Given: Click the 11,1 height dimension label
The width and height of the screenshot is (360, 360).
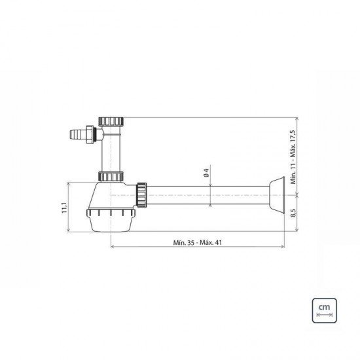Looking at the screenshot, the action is pyautogui.click(x=65, y=207).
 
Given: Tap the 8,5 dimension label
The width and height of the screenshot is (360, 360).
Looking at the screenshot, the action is pyautogui.click(x=293, y=213).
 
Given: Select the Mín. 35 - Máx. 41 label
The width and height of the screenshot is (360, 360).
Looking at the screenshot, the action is pyautogui.click(x=198, y=242).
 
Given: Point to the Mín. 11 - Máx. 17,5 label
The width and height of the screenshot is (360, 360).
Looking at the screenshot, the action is pyautogui.click(x=293, y=157).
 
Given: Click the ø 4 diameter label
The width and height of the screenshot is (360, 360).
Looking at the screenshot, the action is pyautogui.click(x=206, y=173).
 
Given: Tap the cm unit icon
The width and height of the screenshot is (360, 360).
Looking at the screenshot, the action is pyautogui.click(x=324, y=310).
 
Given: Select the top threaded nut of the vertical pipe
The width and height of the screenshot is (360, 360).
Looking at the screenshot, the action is pyautogui.click(x=111, y=122).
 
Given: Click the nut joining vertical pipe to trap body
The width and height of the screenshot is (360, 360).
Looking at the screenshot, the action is pyautogui.click(x=111, y=176).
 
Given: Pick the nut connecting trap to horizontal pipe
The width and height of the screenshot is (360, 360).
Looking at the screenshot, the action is pyautogui.click(x=141, y=195).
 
